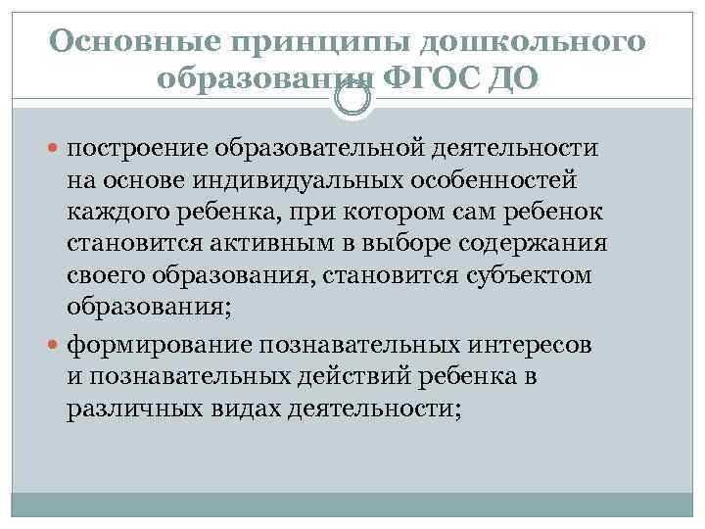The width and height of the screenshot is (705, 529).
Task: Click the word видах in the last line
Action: point(243,410)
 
